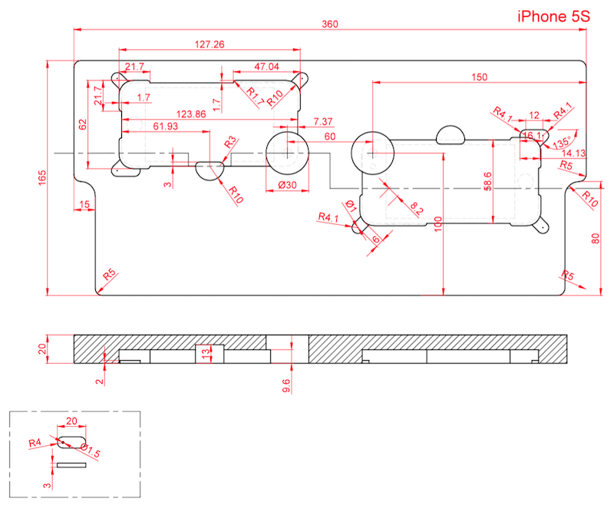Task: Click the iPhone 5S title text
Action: click(553, 15)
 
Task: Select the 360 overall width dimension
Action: click(329, 25)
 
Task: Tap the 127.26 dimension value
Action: click(210, 45)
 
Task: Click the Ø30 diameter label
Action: click(288, 186)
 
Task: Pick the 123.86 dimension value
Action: click(190, 114)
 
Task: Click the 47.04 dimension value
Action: click(266, 67)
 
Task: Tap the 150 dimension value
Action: click(479, 77)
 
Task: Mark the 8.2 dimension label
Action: click(416, 207)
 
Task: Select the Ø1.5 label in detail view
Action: click(90, 454)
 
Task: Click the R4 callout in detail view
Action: click(35, 443)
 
